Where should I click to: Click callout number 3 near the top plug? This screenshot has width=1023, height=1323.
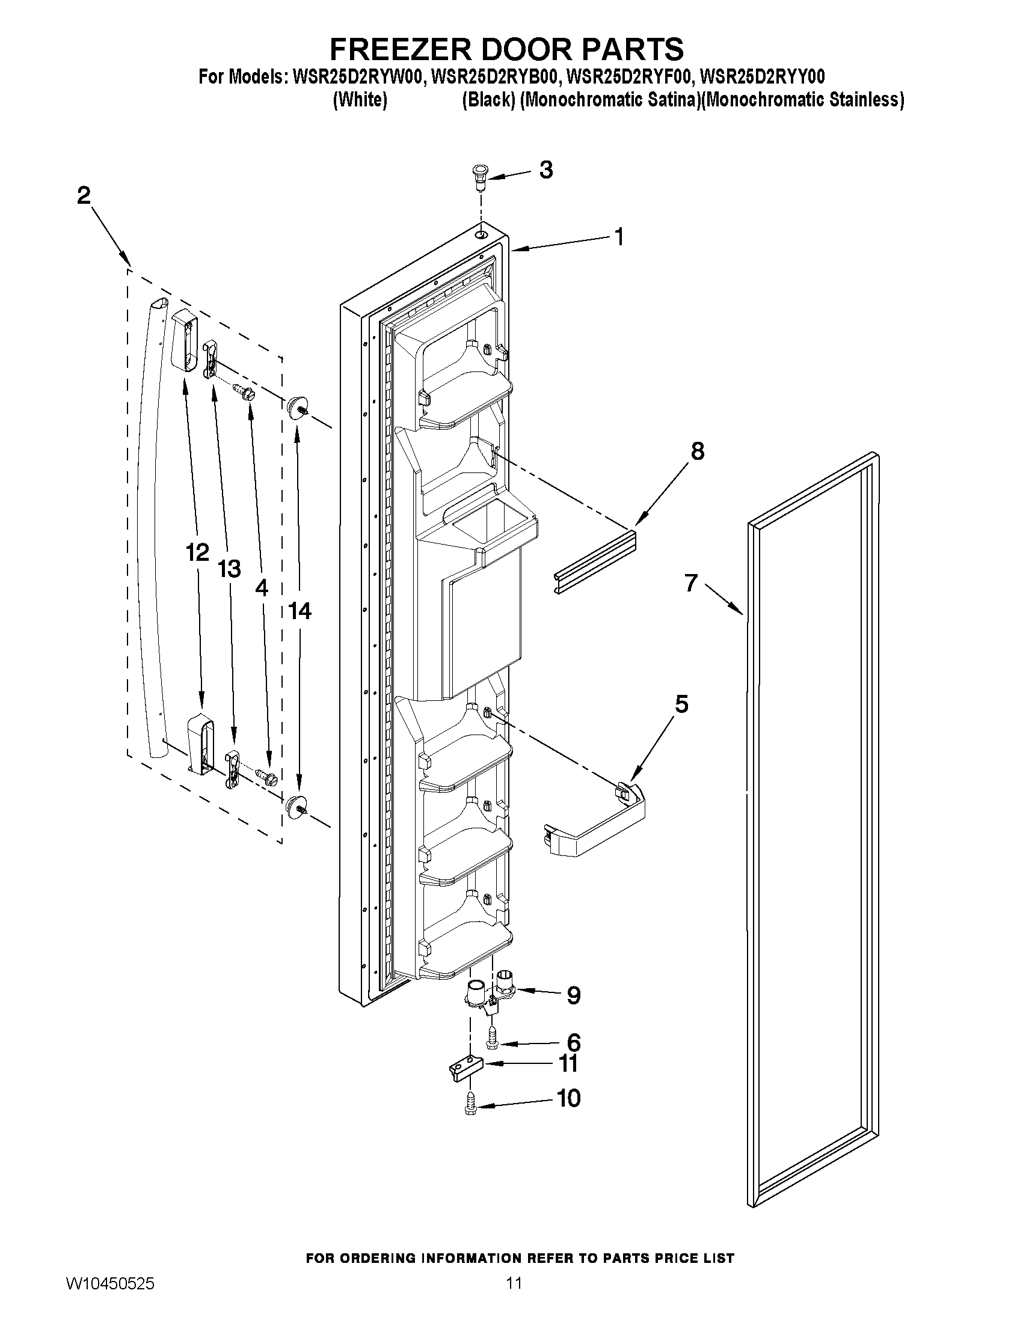545,170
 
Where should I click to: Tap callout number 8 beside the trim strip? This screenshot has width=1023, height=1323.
698,451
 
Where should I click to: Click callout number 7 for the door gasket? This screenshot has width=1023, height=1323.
692,582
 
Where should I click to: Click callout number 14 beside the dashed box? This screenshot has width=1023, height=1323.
300,611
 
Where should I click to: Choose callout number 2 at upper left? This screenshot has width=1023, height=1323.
84,195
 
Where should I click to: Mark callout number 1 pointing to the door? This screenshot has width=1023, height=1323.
619,237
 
